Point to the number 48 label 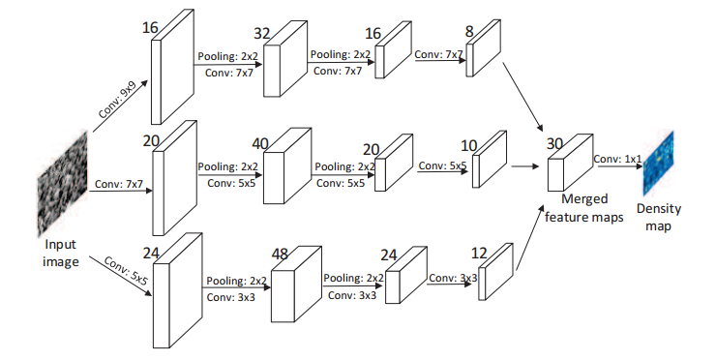pos(281,254)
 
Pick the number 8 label pos(469,31)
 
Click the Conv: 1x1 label pos(617,159)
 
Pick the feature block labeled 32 pos(283,66)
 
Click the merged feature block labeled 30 pos(563,171)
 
